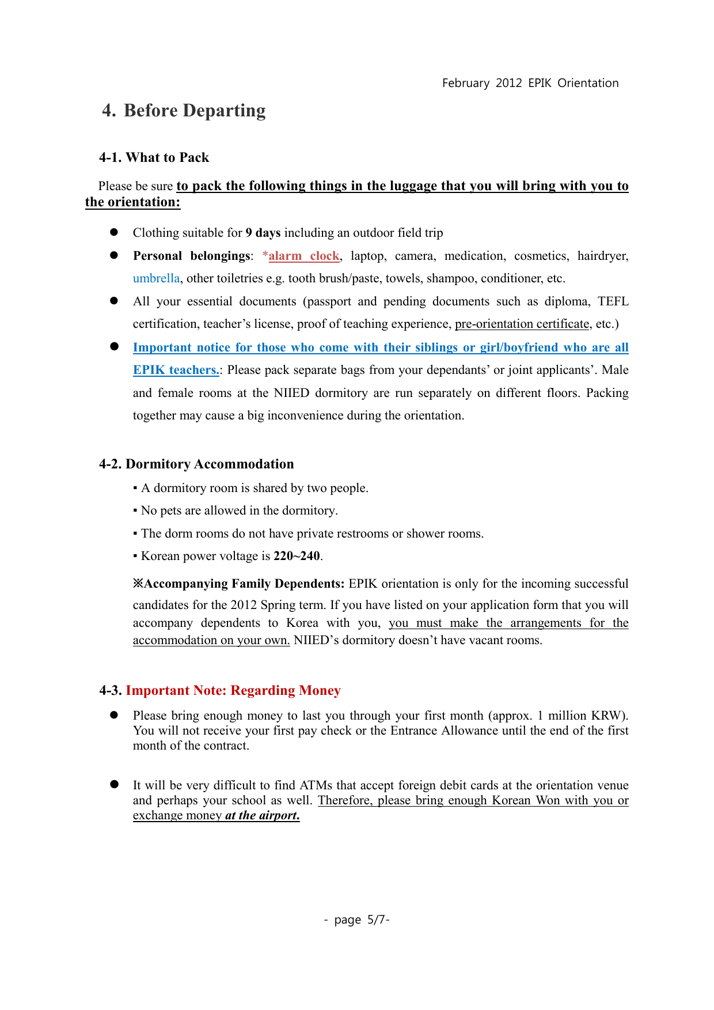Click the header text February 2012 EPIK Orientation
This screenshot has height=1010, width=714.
click(530, 83)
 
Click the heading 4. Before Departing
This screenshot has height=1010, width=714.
click(184, 110)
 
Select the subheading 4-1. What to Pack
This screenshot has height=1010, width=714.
click(154, 157)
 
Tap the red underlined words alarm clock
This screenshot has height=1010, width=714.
click(303, 256)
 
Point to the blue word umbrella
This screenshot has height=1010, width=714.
click(156, 278)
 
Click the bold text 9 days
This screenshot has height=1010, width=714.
click(263, 233)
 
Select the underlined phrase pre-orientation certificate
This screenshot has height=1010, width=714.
click(522, 324)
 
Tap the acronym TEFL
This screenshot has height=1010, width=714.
click(613, 301)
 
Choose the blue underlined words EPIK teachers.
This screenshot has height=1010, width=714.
click(176, 370)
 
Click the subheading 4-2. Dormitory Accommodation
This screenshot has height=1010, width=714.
click(196, 464)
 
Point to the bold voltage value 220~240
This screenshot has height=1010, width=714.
click(297, 556)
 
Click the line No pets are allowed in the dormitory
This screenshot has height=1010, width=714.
click(239, 510)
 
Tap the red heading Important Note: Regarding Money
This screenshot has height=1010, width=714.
click(233, 690)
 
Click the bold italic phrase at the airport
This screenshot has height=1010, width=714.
click(262, 815)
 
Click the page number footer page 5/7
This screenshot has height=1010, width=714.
click(357, 920)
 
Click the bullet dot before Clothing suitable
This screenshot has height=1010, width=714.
click(114, 232)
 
